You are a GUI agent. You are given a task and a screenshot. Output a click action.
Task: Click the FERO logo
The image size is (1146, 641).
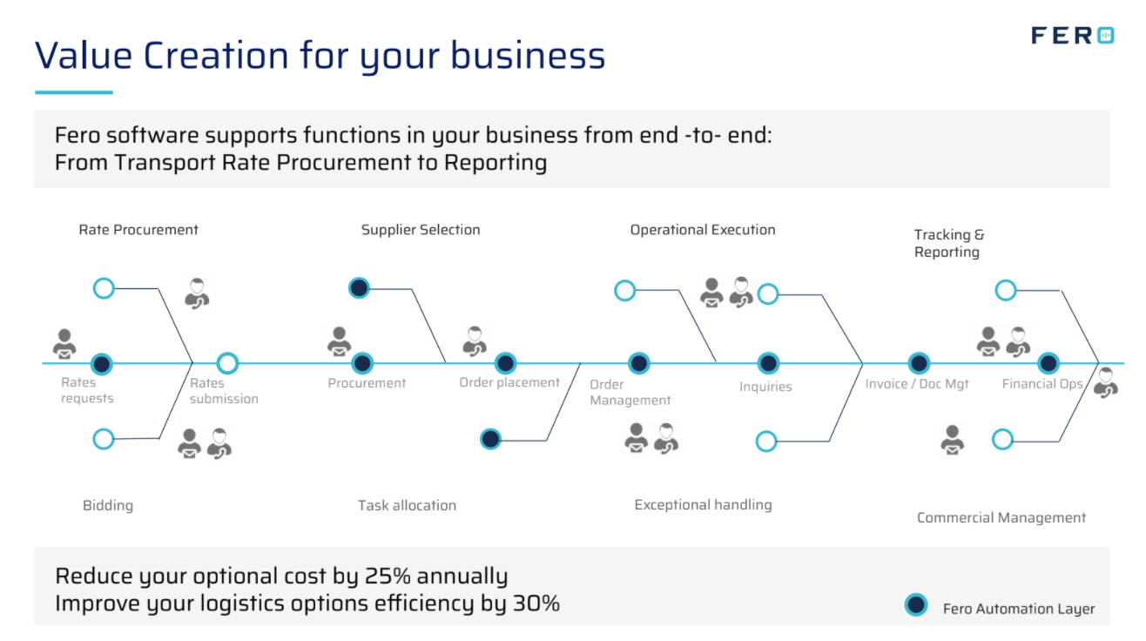click(1072, 36)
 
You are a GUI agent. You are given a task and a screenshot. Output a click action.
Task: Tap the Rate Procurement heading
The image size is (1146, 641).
click(138, 230)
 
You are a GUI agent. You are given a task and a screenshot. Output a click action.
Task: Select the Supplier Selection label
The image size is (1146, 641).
click(421, 230)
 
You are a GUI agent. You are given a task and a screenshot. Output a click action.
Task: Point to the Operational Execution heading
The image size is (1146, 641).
click(703, 230)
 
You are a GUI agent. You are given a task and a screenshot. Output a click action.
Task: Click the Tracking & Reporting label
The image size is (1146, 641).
click(948, 243)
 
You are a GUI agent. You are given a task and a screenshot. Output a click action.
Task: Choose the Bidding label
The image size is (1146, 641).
click(108, 505)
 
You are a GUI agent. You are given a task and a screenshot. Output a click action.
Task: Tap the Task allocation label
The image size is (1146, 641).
click(407, 505)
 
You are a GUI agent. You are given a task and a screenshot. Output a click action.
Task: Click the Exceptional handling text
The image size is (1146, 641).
click(703, 505)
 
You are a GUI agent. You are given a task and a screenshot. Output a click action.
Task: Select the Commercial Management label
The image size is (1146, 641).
click(1001, 518)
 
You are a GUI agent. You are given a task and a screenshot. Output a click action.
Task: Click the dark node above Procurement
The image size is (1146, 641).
click(363, 363)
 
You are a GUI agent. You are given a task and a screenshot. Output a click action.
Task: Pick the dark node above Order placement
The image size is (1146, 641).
click(506, 363)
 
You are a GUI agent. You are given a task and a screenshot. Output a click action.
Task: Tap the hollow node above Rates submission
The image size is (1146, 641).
click(227, 363)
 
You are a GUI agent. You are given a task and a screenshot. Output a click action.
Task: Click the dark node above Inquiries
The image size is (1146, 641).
click(768, 363)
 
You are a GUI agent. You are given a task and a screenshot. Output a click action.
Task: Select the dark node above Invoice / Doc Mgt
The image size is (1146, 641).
click(919, 363)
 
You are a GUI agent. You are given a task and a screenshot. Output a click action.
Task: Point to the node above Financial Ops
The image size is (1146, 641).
click(1048, 363)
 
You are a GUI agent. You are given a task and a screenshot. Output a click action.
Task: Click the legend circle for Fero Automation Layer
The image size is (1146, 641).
click(916, 605)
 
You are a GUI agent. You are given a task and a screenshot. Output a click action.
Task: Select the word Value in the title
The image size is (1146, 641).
click(84, 56)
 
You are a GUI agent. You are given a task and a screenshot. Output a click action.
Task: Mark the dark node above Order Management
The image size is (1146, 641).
click(639, 363)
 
